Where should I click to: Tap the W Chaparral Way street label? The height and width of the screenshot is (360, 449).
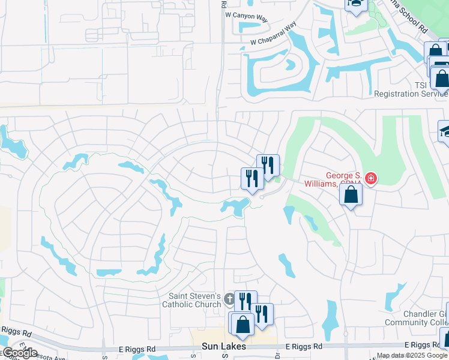(274, 35)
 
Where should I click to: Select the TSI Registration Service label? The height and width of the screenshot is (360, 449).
(411, 89)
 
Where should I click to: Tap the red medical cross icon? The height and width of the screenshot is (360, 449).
(371, 178)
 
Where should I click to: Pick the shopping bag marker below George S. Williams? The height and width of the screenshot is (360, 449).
(351, 194)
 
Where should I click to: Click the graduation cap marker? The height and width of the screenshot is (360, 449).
(445, 131)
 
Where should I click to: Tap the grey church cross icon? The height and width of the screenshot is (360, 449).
(229, 299)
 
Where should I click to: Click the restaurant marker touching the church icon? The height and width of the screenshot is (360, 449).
(245, 300)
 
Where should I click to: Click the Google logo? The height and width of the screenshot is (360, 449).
(19, 353)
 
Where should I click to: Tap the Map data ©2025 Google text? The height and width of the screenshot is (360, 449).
(412, 355)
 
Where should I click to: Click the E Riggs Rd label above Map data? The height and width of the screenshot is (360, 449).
(426, 344)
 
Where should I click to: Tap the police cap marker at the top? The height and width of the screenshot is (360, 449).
(355, 3)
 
